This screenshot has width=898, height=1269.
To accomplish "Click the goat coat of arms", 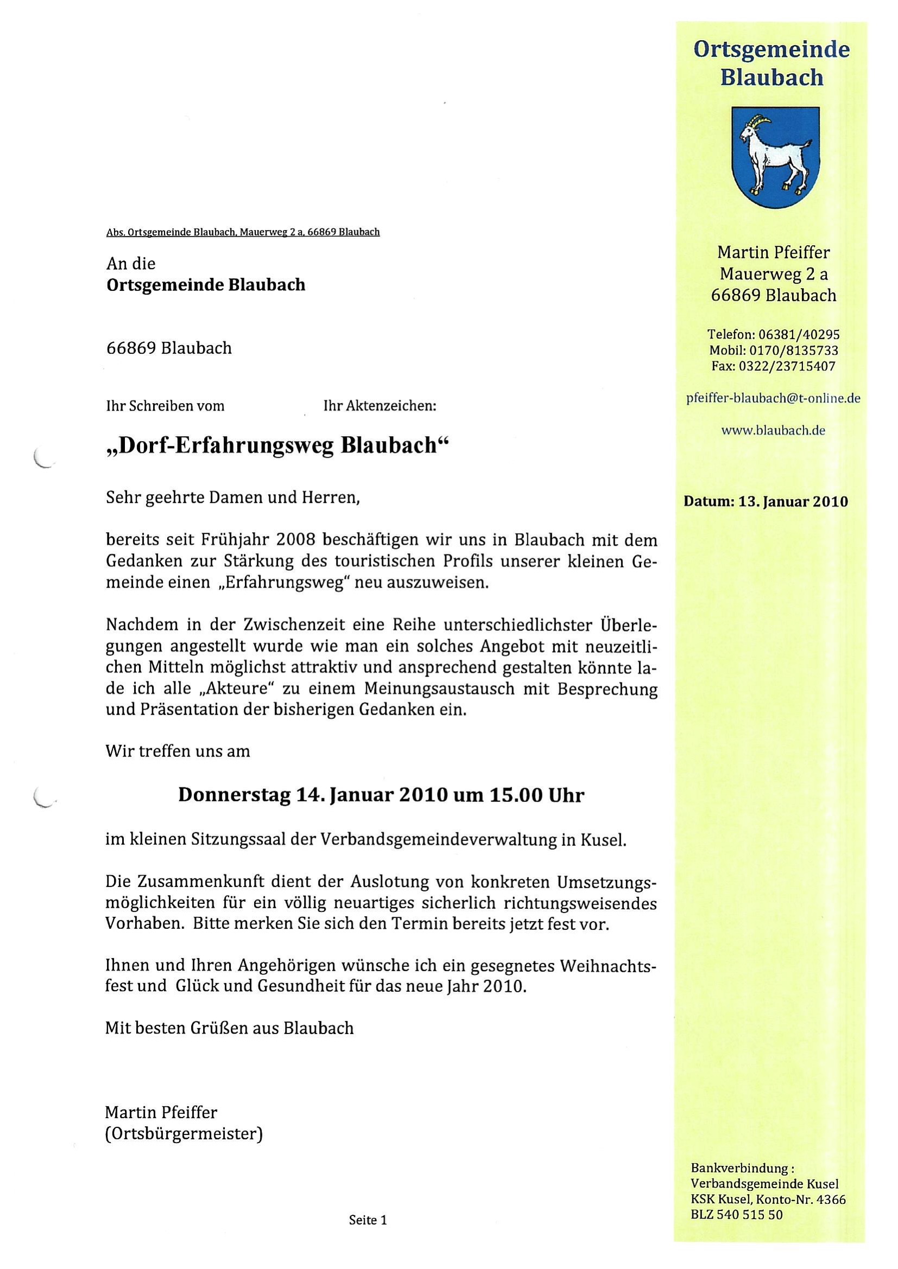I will [775, 157].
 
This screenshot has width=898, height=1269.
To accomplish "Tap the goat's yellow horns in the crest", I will [761, 119].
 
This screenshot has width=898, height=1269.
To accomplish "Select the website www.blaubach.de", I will [773, 431].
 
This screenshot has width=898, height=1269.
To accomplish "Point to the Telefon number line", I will [773, 334].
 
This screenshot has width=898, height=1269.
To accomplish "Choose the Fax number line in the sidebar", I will [773, 366].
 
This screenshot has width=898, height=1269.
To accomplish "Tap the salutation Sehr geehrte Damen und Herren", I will [233, 498].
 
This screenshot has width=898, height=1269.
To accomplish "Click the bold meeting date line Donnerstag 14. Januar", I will [381, 795].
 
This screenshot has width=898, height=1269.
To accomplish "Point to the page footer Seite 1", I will [368, 1220].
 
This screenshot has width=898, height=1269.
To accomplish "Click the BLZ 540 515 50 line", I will [737, 1215].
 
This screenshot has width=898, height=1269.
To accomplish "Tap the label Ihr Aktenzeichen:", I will [380, 406].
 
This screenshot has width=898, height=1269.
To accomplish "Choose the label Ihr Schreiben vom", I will [166, 406].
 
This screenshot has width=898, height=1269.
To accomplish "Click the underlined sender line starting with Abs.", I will [243, 232].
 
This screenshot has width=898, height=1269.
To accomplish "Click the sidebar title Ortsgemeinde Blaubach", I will [771, 63].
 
